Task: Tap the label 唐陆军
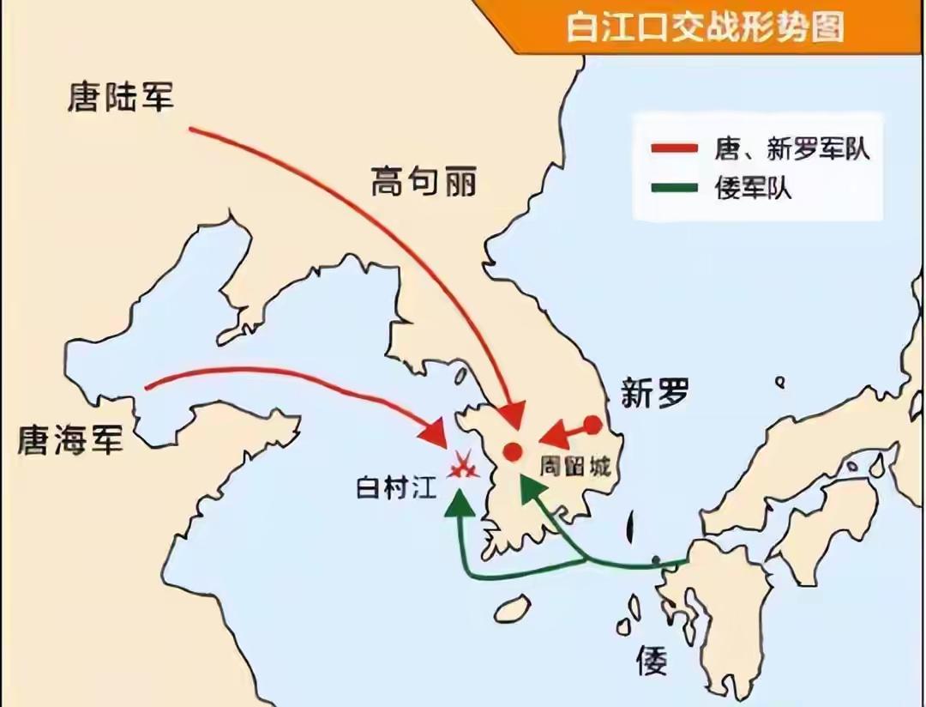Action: coord(121,96)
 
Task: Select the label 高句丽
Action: coord(423,181)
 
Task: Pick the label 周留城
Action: coord(574,466)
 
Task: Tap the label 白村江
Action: coord(396,488)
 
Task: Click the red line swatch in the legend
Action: coord(675,149)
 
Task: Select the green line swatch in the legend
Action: coord(675,187)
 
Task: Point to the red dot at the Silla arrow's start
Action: coord(592,424)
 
